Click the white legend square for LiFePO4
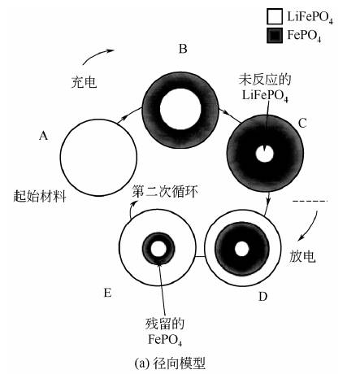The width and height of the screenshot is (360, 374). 275,16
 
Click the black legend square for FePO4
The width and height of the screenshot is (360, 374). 275,35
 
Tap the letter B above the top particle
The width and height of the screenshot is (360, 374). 183,49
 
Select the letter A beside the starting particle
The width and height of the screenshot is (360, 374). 43,136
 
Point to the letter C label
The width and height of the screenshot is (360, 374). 302,124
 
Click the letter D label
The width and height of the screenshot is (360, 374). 262,297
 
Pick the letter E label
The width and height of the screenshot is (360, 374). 107,293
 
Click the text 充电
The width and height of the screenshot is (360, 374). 84,82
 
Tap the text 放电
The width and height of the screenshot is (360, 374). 302,256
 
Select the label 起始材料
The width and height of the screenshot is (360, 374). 40,196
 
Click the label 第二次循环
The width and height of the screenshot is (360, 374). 165,192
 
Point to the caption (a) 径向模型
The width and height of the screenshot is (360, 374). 170,363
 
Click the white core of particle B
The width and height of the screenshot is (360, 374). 180,109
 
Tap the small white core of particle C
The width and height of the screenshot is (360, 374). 265,154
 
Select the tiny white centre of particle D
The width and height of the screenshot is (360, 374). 242,249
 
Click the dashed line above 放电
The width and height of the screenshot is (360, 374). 310,201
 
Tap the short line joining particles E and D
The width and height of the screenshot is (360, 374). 200,256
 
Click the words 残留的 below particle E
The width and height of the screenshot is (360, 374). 165,324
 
